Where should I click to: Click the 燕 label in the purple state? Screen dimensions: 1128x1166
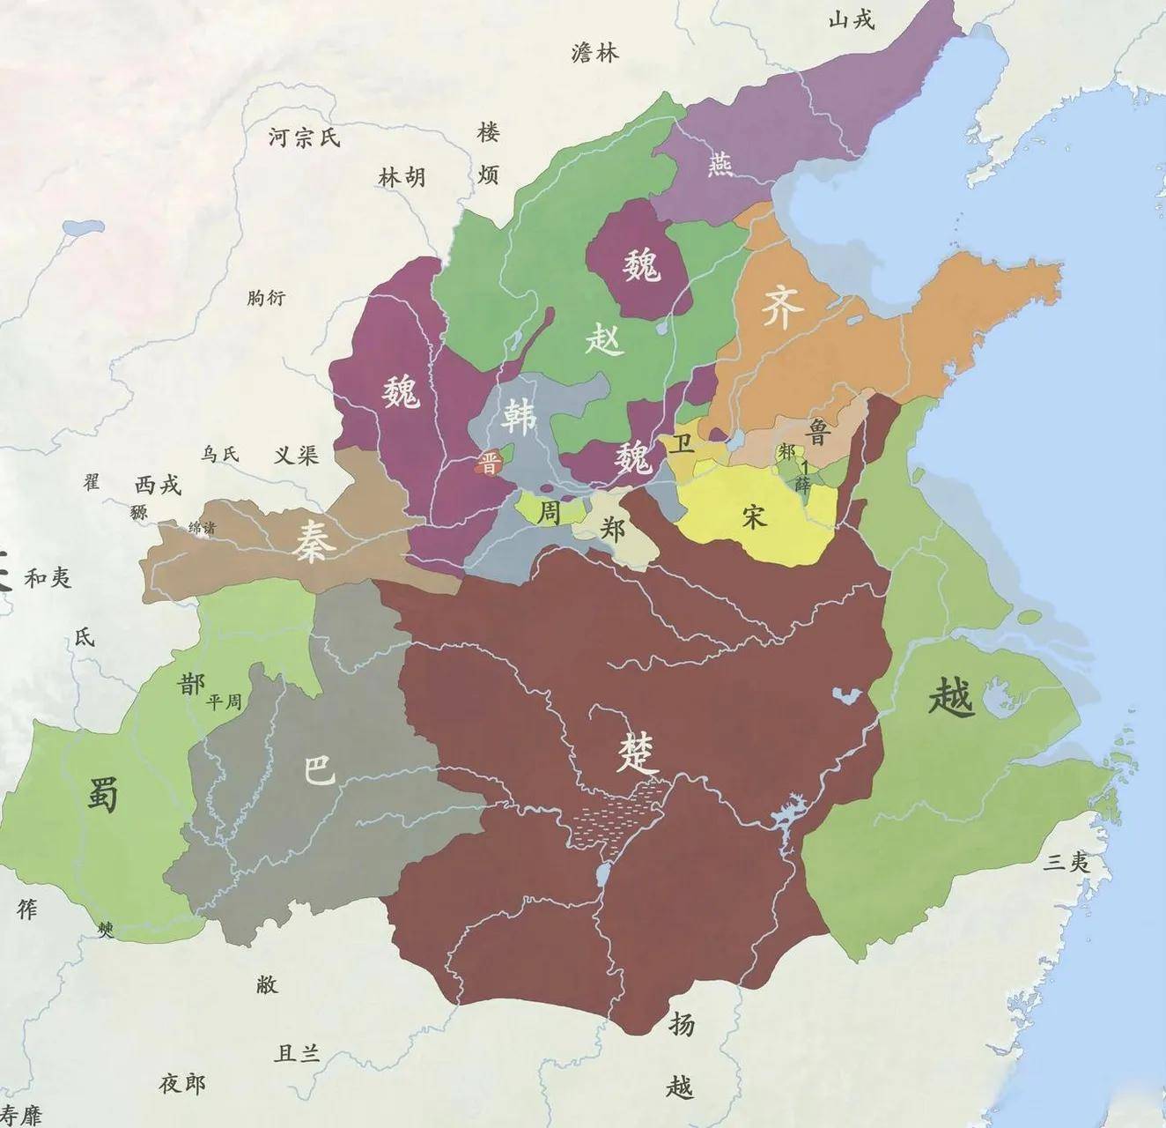point(720,163)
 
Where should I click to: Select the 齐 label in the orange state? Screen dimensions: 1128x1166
point(782,308)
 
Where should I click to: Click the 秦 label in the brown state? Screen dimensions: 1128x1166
point(314,540)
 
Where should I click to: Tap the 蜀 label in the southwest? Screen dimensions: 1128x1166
point(103,794)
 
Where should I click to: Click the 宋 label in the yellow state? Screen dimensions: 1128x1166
point(754,516)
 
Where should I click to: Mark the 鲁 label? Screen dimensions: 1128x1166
point(819,431)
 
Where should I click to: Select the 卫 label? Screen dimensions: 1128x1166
point(680,443)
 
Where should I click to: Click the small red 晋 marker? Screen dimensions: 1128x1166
point(487,464)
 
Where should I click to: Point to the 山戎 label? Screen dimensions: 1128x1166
point(852,19)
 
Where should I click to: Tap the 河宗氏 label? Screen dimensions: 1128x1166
point(303,137)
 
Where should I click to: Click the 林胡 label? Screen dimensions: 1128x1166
point(402,177)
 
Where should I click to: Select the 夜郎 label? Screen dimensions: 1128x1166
point(182,1083)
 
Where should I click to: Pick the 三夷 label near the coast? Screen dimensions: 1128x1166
point(1067,862)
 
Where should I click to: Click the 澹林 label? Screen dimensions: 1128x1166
point(595,53)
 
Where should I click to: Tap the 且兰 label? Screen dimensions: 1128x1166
point(298,1052)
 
